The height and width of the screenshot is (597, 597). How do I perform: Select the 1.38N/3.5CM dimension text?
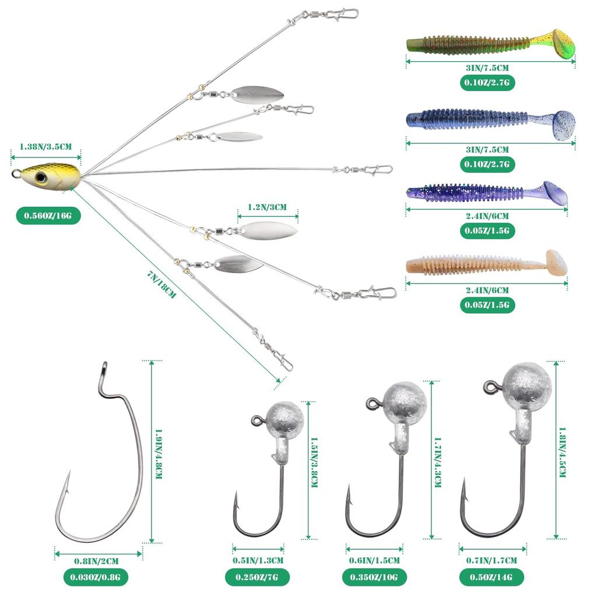pyautogui.click(x=45, y=147)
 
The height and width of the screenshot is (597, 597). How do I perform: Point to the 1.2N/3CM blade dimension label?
pyautogui.click(x=267, y=207)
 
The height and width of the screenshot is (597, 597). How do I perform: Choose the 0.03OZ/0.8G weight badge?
pyautogui.click(x=96, y=578)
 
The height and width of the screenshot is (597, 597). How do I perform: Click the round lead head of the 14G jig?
pyautogui.click(x=528, y=384)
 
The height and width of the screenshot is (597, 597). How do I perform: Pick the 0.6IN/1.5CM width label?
pyautogui.click(x=374, y=561)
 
